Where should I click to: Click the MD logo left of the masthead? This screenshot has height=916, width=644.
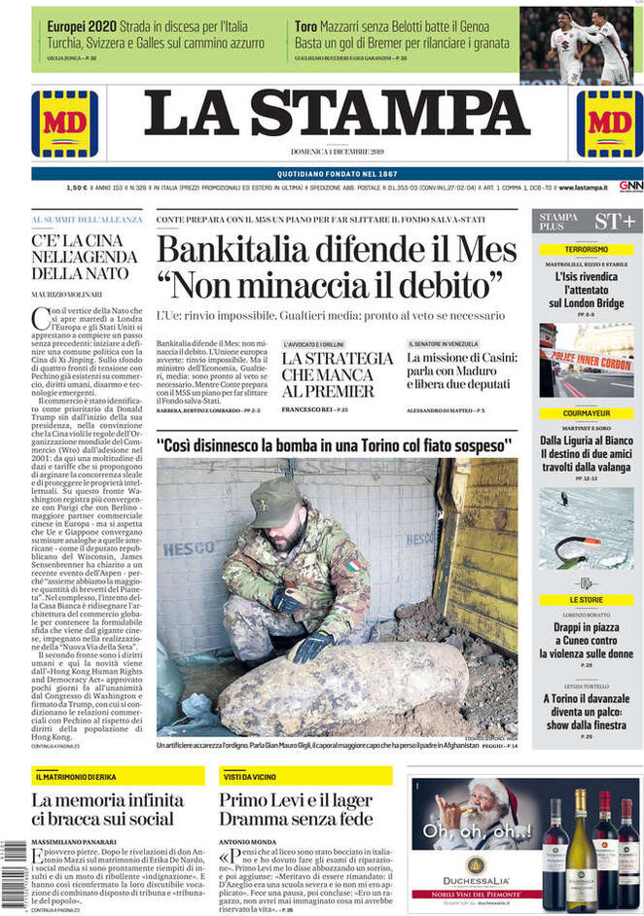click(x=64, y=123)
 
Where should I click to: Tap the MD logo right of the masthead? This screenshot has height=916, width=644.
click(x=610, y=123)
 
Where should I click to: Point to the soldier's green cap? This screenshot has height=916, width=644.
click(x=274, y=502)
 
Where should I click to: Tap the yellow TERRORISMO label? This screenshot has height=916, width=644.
click(x=587, y=250)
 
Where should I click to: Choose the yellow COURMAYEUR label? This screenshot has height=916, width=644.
click(x=587, y=413)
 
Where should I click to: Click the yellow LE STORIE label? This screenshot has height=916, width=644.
click(x=587, y=600)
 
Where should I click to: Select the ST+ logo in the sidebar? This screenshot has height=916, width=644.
click(x=615, y=222)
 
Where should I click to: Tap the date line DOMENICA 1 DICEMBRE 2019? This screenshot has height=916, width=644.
click(x=338, y=152)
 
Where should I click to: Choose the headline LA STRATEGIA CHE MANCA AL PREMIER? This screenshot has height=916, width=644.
click(x=328, y=374)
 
